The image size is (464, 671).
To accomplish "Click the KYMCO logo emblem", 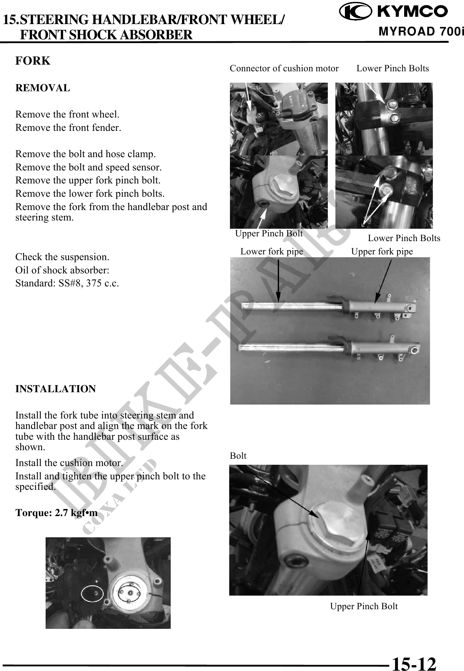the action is pos(354,11).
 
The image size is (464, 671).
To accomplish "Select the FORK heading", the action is pos(33,61).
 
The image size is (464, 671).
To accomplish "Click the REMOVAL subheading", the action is pos(43,88).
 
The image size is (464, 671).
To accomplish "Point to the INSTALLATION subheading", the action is pos(56,389).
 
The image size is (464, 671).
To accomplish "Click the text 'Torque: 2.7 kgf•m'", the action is pos(56,513).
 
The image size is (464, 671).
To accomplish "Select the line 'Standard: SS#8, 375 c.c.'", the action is pos(67,283).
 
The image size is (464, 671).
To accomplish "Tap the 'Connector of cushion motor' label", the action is pos(284,68).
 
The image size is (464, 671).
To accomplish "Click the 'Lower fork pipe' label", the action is pos(272,252).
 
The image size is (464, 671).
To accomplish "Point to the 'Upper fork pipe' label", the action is pos(382,252).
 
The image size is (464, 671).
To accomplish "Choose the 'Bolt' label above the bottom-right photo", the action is pos(238,456).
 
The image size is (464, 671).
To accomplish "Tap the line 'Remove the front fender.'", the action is pos(68,128).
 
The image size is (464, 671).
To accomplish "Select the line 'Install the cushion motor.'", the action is pos(69,463).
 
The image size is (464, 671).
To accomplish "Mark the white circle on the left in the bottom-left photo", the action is pos(92,594).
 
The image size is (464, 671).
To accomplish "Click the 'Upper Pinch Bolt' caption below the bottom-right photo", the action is pos(364,606).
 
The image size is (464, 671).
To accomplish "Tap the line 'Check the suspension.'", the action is pos(62,257).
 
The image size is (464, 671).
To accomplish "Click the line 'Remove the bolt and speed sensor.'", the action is pos(88,167).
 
